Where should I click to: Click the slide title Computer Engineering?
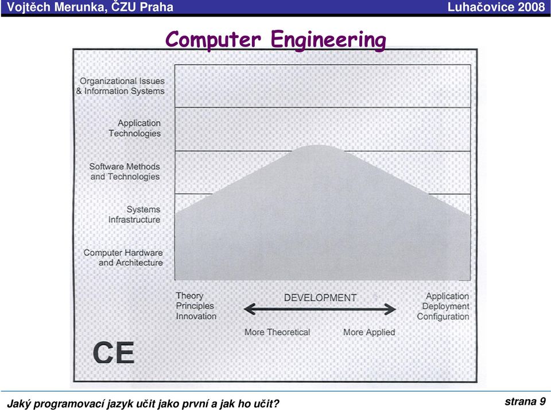click(x=275, y=40)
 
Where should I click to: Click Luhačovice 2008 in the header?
click(x=496, y=7)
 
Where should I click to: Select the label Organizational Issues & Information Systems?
click(x=121, y=86)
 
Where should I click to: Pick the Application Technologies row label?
click(x=134, y=129)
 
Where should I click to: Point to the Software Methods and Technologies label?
click(x=125, y=172)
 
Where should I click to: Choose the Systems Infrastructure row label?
click(x=134, y=215)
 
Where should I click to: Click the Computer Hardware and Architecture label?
click(x=123, y=258)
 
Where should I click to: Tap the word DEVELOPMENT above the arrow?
click(x=320, y=298)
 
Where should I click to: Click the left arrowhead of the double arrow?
click(x=248, y=310)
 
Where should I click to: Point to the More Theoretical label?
click(x=277, y=332)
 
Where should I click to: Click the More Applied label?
click(x=369, y=332)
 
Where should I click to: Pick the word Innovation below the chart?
click(x=196, y=316)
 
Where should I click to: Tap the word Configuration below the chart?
click(x=443, y=317)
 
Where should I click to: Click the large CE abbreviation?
click(x=114, y=353)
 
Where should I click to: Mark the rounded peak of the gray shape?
click(x=318, y=146)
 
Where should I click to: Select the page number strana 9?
click(x=525, y=401)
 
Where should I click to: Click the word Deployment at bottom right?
click(x=445, y=307)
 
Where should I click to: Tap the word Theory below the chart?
click(x=190, y=296)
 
